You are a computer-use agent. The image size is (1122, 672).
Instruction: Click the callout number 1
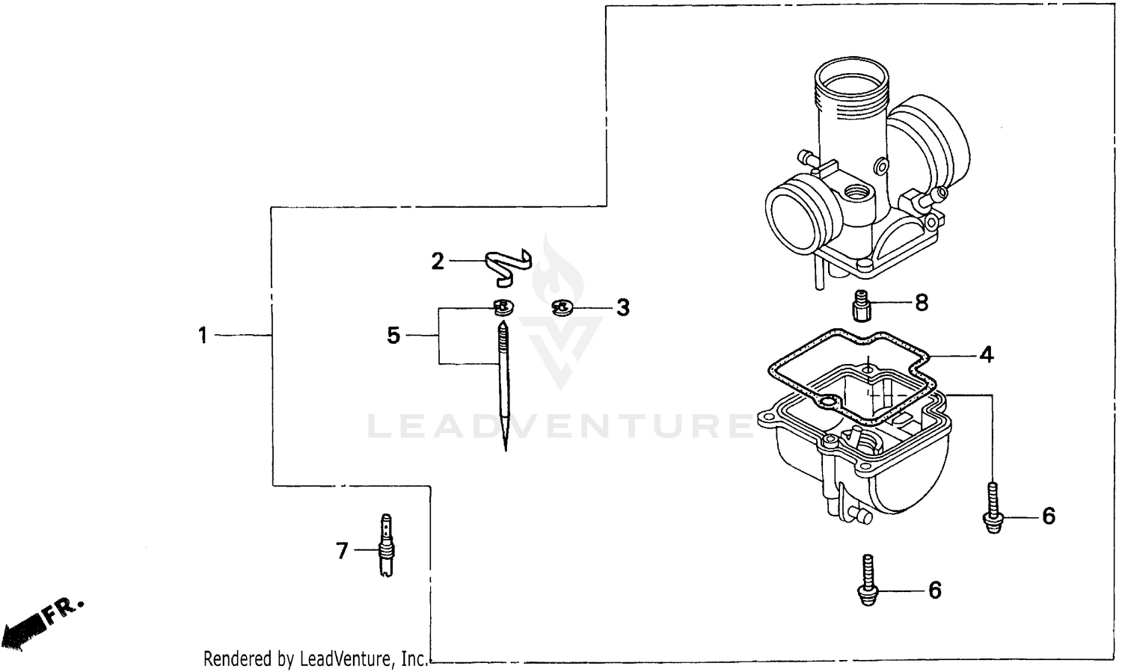202,336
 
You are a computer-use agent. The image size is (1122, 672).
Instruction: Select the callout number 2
438,261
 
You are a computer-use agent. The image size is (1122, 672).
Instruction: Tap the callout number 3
622,307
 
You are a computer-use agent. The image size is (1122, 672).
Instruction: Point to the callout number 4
987,354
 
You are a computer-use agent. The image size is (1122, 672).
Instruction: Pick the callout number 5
393,336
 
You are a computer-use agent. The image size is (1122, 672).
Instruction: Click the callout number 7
342,551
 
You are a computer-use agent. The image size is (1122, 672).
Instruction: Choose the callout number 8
922,303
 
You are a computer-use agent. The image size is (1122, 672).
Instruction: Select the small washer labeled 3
561,306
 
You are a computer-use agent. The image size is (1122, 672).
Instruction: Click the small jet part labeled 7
387,546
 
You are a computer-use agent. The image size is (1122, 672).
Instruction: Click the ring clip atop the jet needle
504,306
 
